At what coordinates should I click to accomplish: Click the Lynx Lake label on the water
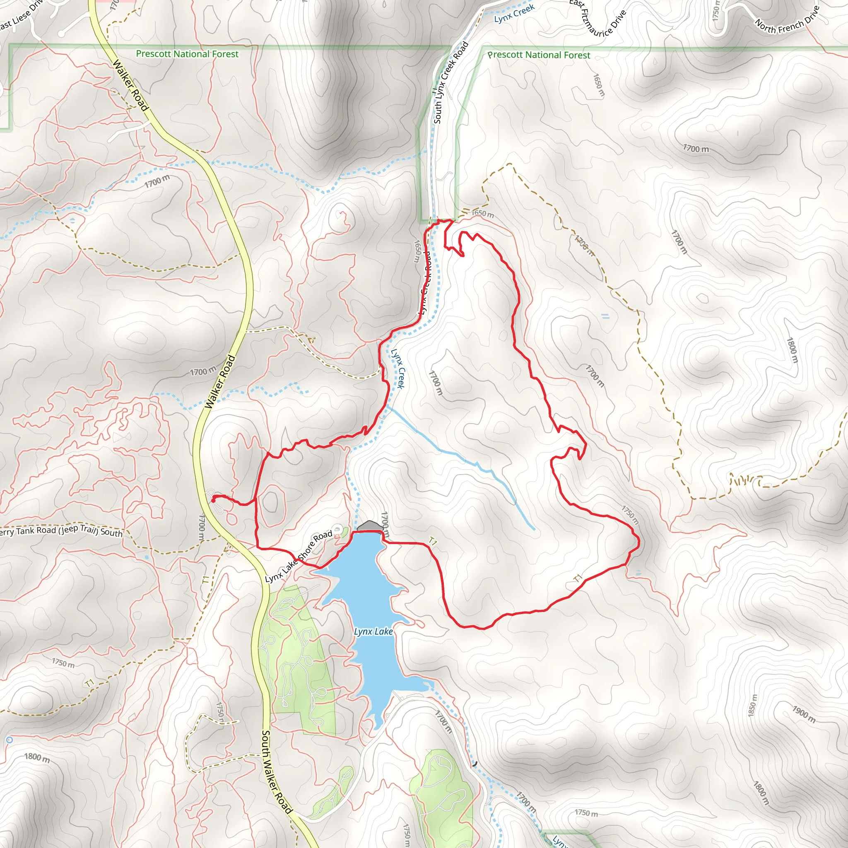[x=373, y=631]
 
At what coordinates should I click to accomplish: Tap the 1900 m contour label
[x=804, y=714]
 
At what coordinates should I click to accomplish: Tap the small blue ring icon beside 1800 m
[x=10, y=740]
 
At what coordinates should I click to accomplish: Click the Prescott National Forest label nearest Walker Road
[x=188, y=54]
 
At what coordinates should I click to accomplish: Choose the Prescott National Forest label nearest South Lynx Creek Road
[x=539, y=55]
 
